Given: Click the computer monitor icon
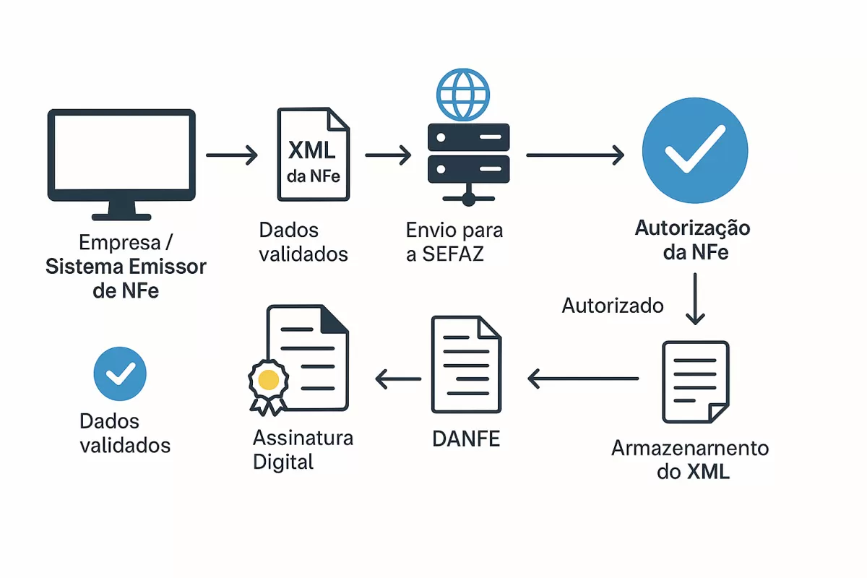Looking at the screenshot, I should [x=121, y=163].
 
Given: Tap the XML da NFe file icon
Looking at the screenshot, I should [x=313, y=154].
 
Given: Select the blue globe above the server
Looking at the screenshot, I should [x=463, y=95].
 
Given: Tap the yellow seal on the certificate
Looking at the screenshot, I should [x=268, y=379].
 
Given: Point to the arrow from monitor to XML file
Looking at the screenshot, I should [x=232, y=155].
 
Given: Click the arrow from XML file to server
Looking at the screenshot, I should [x=388, y=155].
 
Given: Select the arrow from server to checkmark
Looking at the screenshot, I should [x=575, y=155].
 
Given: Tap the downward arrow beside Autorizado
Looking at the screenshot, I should [x=694, y=298].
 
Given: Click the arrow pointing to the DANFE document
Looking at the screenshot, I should [x=583, y=378].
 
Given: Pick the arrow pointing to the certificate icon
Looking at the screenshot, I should [x=398, y=378].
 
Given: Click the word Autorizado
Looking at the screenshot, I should [x=613, y=306].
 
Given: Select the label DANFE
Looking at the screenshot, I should [x=466, y=439].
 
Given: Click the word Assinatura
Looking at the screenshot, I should [x=303, y=438].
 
